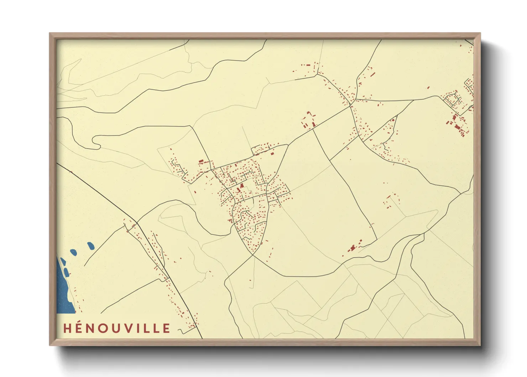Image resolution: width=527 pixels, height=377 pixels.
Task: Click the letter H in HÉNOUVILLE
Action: pos(68,328)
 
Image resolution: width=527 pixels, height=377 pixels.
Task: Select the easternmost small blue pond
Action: pos(91,246)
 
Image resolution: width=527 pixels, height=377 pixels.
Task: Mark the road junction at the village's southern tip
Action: pos(253,255)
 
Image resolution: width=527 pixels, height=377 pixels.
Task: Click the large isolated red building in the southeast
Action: pos(353,248)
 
